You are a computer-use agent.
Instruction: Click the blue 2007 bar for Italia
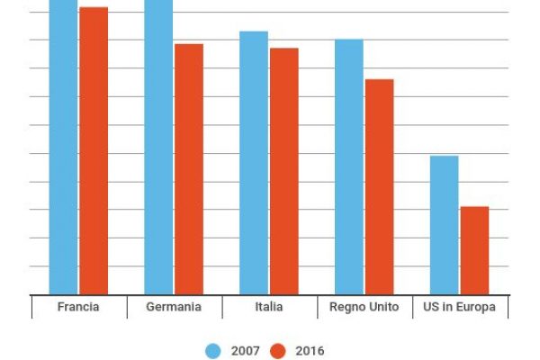(x=254, y=163)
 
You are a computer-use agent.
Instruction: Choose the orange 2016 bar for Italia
(x=284, y=171)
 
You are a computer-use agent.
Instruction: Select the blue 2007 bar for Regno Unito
(x=349, y=166)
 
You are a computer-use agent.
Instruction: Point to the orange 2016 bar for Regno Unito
(x=380, y=186)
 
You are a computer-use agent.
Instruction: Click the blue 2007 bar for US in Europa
(x=445, y=225)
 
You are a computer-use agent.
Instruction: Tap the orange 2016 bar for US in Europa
(x=474, y=250)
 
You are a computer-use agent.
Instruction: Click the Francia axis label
(x=78, y=308)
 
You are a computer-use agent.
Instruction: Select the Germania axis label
(x=174, y=308)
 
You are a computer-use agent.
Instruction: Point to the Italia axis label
(x=268, y=308)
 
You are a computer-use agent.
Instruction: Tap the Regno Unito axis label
(x=364, y=308)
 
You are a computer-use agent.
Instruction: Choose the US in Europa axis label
(x=459, y=308)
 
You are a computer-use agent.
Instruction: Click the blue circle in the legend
(x=214, y=351)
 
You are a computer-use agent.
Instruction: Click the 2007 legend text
(x=242, y=351)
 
